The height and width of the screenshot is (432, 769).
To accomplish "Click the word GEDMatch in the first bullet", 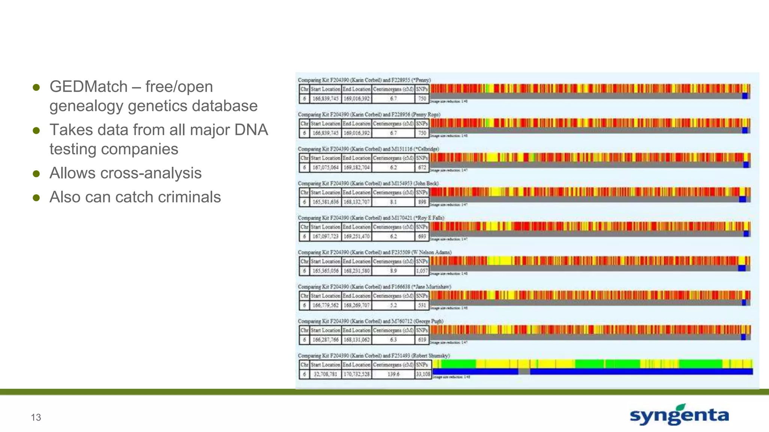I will [x=89, y=87].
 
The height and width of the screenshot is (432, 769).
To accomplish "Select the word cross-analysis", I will [x=151, y=173].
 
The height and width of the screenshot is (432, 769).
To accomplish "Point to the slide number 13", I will [x=36, y=417].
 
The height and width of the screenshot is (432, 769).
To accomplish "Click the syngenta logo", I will [x=679, y=415].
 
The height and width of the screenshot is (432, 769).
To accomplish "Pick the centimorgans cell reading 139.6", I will [x=393, y=374].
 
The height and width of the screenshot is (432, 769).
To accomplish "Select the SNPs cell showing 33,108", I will [x=423, y=374].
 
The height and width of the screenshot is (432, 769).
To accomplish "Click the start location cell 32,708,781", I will [x=326, y=374].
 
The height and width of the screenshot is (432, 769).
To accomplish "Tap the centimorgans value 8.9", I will [x=393, y=271].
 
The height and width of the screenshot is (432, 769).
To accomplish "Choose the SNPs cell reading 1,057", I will [x=422, y=271].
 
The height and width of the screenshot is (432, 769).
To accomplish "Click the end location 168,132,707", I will [x=356, y=202].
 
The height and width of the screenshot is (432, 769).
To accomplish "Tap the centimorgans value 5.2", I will [x=393, y=305].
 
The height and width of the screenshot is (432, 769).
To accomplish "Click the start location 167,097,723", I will [x=326, y=236].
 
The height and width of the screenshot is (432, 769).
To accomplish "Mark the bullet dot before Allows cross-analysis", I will [x=36, y=174].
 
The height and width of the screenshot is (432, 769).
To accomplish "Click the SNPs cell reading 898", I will [x=422, y=202].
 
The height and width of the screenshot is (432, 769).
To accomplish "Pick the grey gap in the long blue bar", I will [x=524, y=372].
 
